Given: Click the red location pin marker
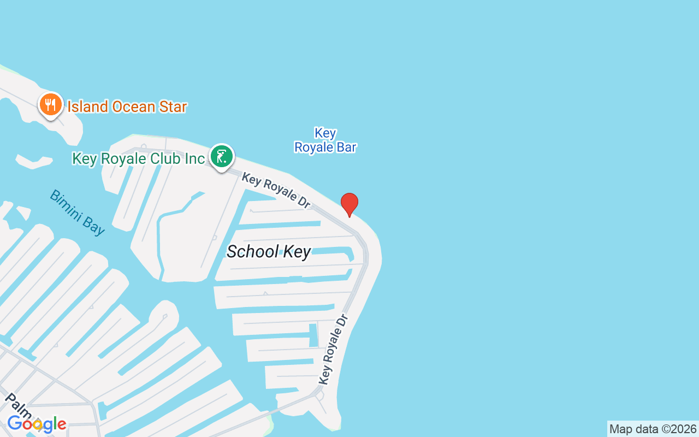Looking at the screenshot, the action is pos(349,204).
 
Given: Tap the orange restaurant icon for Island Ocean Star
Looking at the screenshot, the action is pos(50,104).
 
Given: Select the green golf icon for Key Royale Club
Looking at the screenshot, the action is pos(221,157).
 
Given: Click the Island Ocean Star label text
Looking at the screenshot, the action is pos(127,107).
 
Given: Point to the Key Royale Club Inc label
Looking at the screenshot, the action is pos(138,159).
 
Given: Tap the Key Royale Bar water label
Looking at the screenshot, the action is pos(325,140).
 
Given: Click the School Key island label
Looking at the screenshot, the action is pos(269,252).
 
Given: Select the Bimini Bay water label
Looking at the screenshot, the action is pos(77,212).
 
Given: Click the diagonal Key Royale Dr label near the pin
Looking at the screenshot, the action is pos(276,190).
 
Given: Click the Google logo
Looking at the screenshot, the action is pos(37,423).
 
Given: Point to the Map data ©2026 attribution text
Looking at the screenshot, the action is pos(653,429).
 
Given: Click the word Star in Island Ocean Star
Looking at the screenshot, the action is pos(170,107).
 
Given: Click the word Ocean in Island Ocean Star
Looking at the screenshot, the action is pos(132,107).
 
